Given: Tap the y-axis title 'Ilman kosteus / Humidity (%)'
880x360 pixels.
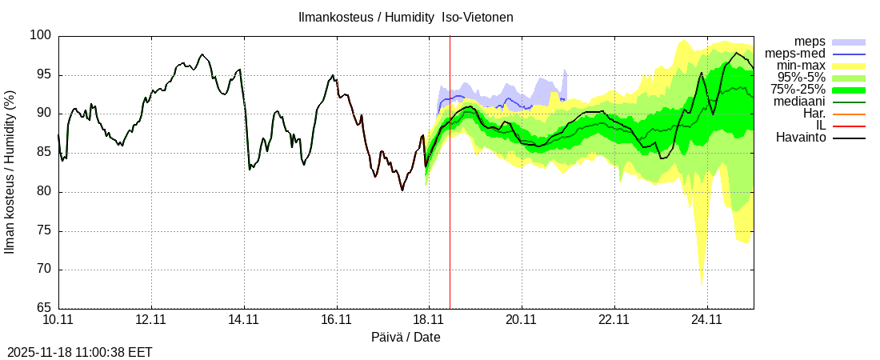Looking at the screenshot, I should pos(10,172).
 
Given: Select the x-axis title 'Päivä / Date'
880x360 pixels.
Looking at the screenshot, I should pos(406,338).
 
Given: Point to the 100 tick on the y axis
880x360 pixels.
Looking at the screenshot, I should pos(41,36).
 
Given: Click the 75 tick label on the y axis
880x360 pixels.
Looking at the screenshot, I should pos(44,231).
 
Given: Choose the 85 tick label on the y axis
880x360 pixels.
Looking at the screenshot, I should pos(44,154).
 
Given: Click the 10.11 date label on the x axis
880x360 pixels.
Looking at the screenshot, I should pos(58,320).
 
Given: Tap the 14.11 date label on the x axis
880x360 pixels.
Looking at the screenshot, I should pos(243,320).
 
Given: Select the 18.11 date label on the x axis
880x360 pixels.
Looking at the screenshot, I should pos(429,320).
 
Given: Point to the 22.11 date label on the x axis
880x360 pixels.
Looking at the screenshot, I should pos(614,320).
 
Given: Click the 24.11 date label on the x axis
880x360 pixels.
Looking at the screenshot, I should pos(706,320).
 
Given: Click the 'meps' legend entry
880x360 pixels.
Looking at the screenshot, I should pos(810,42).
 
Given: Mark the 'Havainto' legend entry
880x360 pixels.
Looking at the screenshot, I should pos(800,138).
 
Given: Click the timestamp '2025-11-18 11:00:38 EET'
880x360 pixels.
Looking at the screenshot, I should pos(79,352).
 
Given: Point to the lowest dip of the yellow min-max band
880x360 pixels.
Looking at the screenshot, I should pos(702,284).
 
